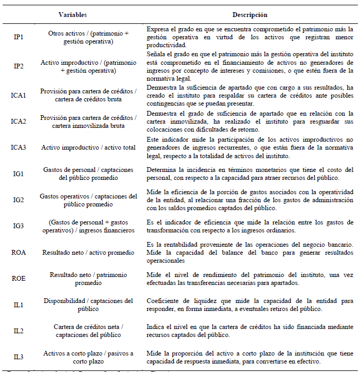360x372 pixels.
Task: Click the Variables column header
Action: [x=73, y=15]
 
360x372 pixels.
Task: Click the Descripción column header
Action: [x=249, y=15]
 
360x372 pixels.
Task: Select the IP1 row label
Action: [x=18, y=37]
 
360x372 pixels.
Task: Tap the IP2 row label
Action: [x=18, y=66]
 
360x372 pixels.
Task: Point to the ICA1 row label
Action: [x=18, y=95]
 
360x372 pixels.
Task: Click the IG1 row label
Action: [x=18, y=174]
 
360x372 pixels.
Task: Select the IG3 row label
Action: [x=18, y=226]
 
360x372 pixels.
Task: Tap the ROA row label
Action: [x=18, y=252]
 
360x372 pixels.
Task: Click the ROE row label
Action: [x=18, y=279]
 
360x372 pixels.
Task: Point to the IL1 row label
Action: [x=18, y=305]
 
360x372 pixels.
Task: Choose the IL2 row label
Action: [x=18, y=331]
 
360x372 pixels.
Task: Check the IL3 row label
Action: [x=18, y=357]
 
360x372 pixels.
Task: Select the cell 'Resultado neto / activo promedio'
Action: [x=88, y=252]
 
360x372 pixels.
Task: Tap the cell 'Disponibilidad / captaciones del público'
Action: [x=88, y=305]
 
